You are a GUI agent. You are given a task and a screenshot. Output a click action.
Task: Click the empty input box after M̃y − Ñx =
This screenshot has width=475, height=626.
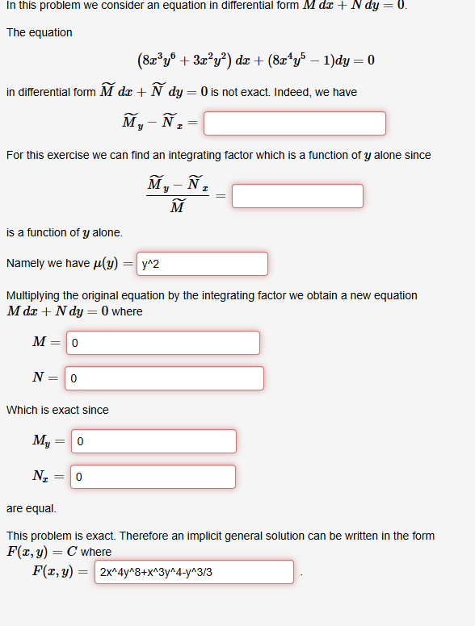click(295, 123)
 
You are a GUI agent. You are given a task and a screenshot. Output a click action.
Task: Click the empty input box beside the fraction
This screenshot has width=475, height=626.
click(297, 196)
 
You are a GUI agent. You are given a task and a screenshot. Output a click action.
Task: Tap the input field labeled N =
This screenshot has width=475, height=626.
click(164, 378)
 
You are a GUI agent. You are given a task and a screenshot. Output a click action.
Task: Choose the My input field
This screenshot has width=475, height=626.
click(154, 441)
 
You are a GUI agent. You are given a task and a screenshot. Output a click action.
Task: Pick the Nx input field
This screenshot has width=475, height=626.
click(153, 477)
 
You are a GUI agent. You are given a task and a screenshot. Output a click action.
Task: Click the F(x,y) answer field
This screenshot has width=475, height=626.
click(194, 572)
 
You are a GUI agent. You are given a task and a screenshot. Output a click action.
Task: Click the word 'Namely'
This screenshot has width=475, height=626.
click(25, 264)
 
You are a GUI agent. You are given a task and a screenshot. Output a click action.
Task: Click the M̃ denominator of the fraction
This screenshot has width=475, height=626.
click(179, 208)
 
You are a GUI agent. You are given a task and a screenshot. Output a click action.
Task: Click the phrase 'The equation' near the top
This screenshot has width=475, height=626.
click(39, 32)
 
